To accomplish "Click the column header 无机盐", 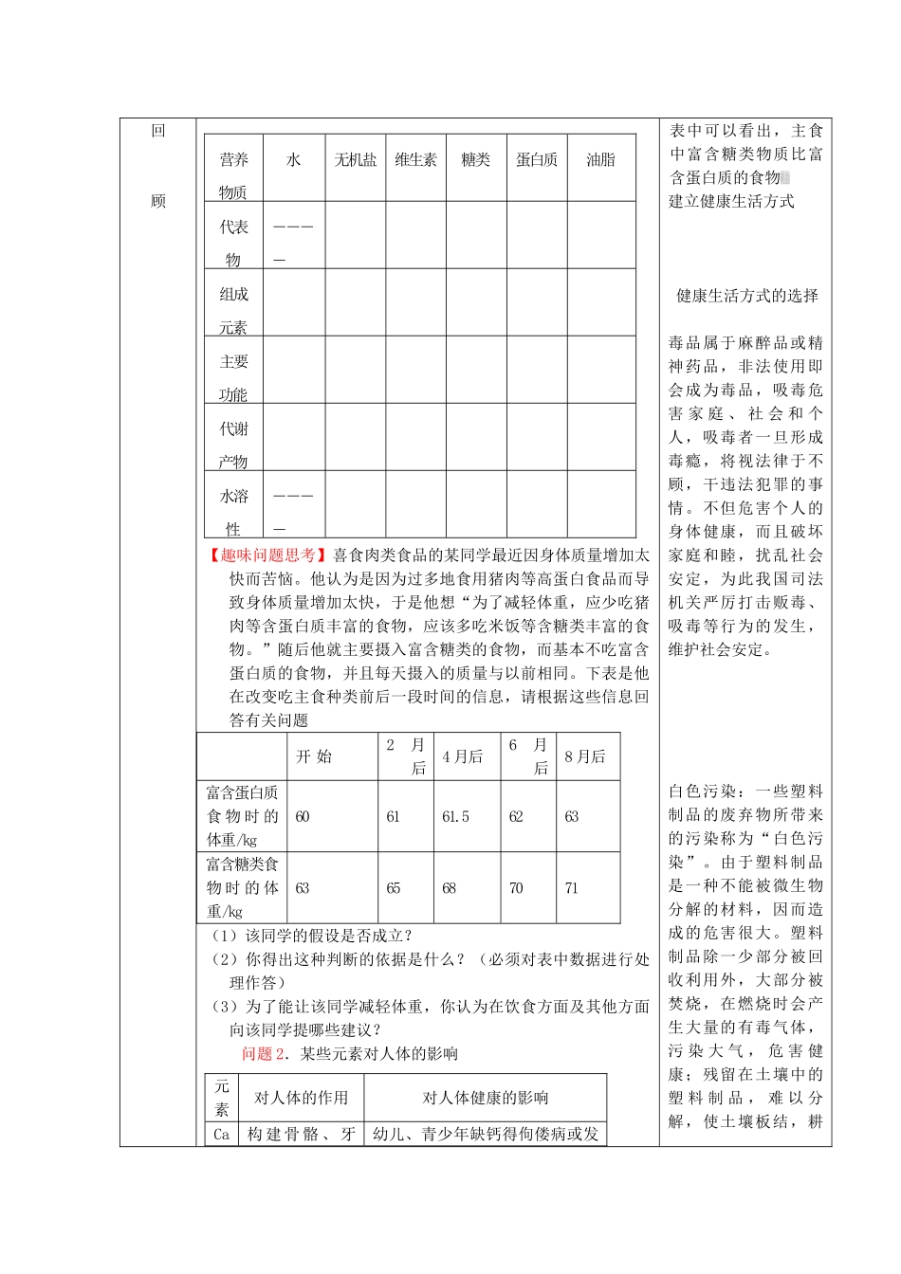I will [x=355, y=160].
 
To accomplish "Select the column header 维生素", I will [x=415, y=160].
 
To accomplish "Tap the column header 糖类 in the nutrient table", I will [x=475, y=160].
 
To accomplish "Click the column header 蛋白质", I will [x=537, y=160].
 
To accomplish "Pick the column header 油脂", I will [x=600, y=160].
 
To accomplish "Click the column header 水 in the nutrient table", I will [x=293, y=160].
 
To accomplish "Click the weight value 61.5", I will [x=455, y=817].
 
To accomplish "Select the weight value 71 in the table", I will [x=571, y=888].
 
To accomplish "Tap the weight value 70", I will [x=516, y=888].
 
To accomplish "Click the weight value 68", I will [x=449, y=888].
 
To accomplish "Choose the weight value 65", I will [x=393, y=888].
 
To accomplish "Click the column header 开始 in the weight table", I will [x=314, y=756].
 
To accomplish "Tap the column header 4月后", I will [x=462, y=756].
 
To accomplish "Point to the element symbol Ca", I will [x=221, y=1135].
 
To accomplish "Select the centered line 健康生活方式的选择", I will [x=746, y=296].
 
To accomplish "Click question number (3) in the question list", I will [x=225, y=1007].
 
